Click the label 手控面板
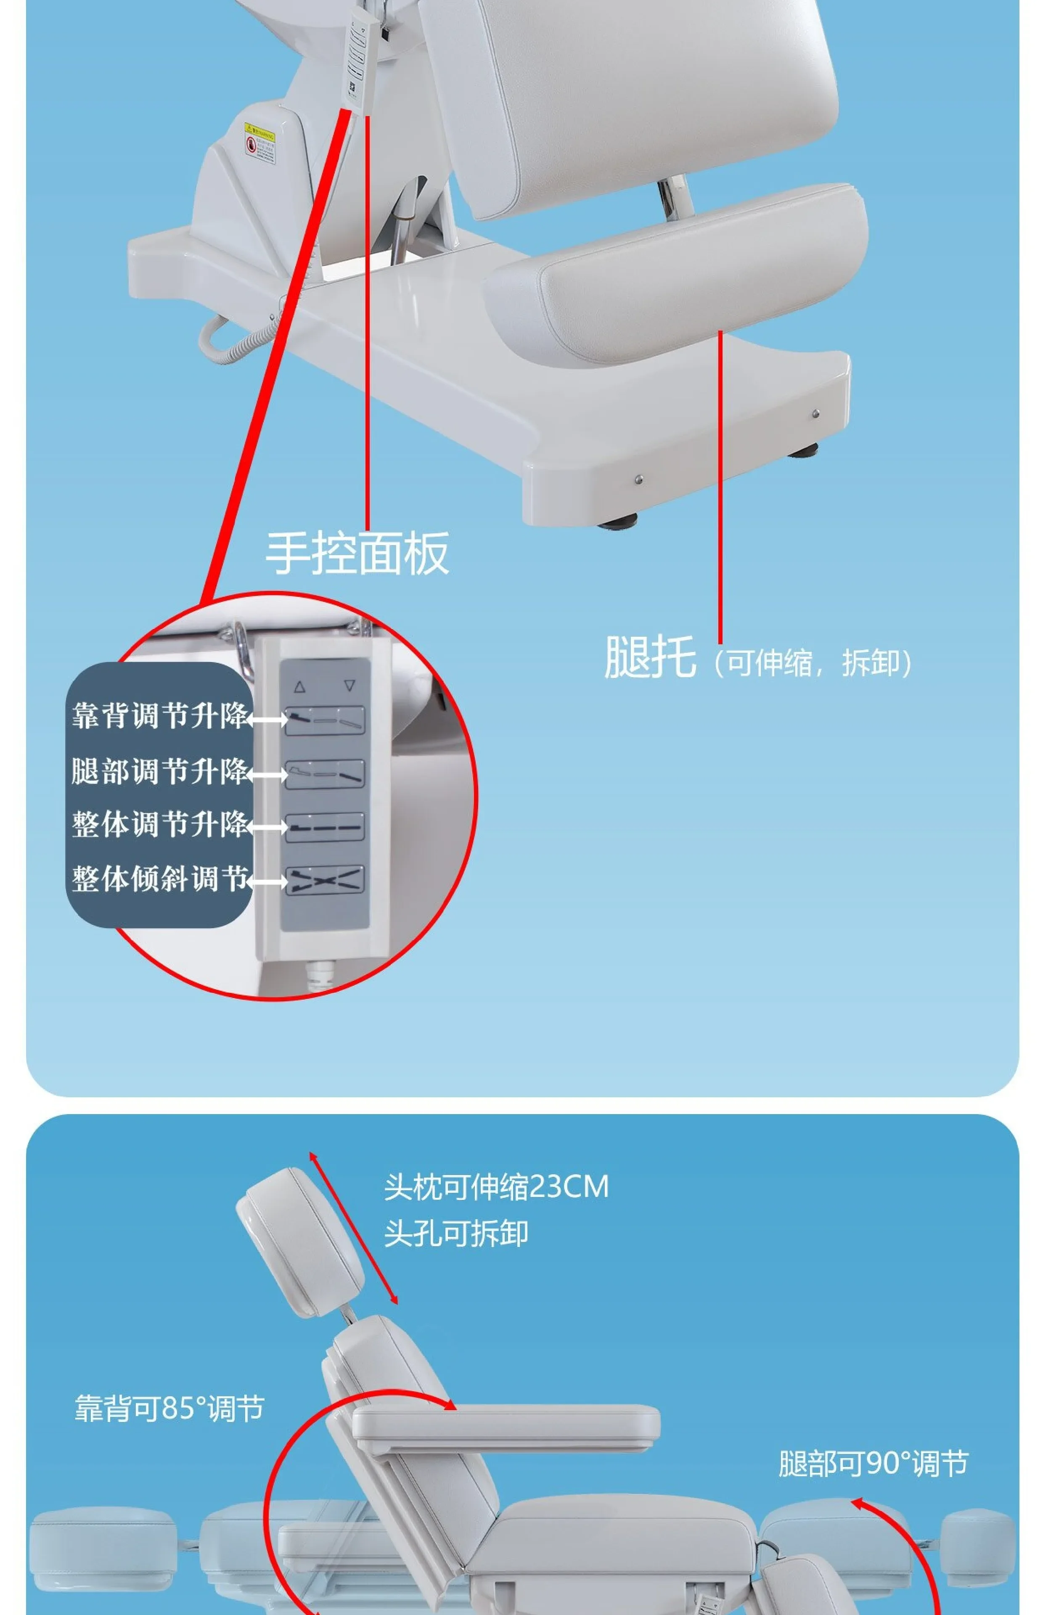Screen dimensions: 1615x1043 (x=357, y=553)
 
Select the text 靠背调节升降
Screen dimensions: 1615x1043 (x=160, y=716)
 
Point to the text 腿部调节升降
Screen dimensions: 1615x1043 (x=160, y=771)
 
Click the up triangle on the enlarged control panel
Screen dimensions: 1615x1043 (x=299, y=687)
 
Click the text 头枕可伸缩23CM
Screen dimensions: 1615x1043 (x=496, y=1187)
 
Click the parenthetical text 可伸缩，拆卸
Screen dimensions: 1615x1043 (x=812, y=663)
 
